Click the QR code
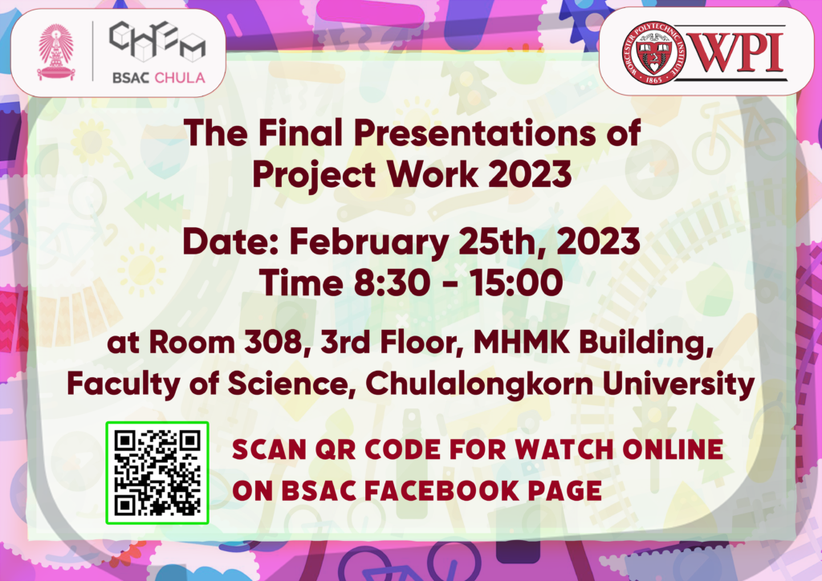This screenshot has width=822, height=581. pyautogui.click(x=157, y=473)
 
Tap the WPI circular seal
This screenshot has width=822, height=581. pyautogui.click(x=653, y=52)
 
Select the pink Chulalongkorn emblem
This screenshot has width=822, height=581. pyautogui.click(x=55, y=51)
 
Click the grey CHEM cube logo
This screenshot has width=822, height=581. pyautogui.click(x=157, y=41)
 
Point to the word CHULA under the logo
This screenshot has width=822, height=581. pyautogui.click(x=180, y=78)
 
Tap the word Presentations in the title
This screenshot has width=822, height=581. pyautogui.click(x=475, y=132)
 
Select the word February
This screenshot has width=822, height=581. pyautogui.click(x=368, y=243)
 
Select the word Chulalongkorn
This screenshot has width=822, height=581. pyautogui.click(x=479, y=385)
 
